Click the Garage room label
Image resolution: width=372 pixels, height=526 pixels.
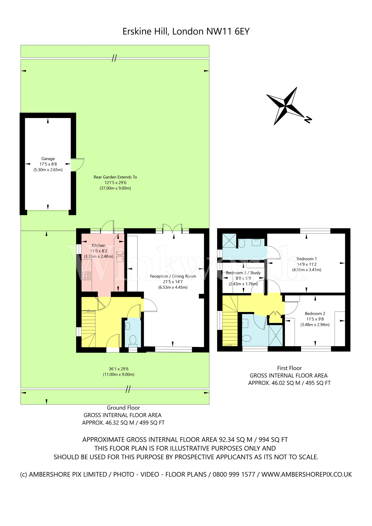point(48,159)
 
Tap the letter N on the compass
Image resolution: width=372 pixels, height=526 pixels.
point(308,120)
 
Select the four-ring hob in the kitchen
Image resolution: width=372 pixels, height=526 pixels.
point(87,276)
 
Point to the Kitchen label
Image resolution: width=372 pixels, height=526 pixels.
point(99,246)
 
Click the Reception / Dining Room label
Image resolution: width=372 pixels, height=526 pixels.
point(173,276)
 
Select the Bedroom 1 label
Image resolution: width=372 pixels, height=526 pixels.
point(307,259)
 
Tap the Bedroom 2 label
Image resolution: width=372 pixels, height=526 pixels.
point(315,314)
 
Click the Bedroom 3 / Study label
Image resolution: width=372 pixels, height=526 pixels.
point(243,273)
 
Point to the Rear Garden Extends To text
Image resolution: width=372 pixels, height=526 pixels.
point(115,177)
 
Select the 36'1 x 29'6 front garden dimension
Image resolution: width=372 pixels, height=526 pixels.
point(119,369)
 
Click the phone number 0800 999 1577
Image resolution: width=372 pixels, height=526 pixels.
point(234,474)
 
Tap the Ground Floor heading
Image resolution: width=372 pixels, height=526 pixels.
point(123,408)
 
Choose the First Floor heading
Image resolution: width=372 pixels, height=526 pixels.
point(289,368)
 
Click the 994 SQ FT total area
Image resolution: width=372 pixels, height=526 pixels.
point(273,440)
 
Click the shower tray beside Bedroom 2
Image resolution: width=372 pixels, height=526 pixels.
point(275,335)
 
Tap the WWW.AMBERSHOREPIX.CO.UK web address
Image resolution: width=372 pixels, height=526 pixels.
point(307,474)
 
